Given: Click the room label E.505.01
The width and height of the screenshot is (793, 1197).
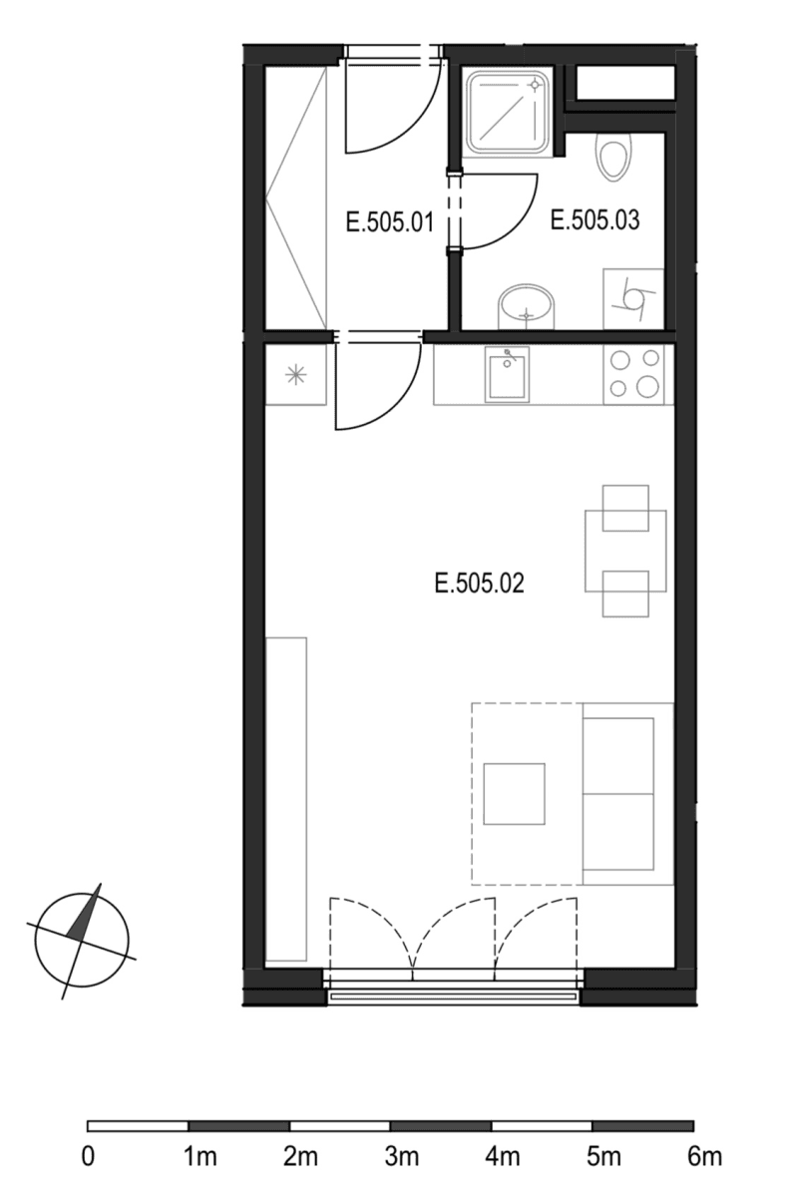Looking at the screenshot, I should [389, 220].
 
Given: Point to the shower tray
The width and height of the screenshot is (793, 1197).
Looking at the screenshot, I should [507, 112].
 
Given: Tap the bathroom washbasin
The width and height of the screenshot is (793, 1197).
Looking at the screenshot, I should [525, 305].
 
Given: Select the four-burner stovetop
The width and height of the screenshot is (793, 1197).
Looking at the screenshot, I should [635, 374].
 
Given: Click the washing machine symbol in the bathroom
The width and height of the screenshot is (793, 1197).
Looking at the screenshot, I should [634, 297].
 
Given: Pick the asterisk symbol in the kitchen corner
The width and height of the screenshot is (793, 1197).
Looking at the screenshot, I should [295, 375].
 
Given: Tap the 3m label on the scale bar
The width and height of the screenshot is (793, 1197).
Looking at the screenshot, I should [401, 1158].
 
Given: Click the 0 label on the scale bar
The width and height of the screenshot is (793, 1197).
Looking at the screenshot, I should [88, 1158].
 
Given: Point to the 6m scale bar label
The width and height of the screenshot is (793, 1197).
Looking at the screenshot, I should [704, 1158].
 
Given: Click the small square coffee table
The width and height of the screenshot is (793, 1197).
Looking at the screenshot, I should [514, 794].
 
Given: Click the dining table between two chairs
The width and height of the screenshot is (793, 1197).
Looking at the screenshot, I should [625, 550].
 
